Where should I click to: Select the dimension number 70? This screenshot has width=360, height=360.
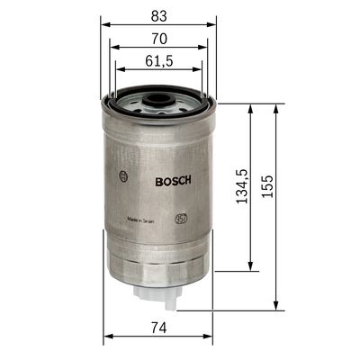pos(158,39)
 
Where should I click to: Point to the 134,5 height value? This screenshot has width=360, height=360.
pos(240,187)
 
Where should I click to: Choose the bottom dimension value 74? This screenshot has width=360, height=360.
pos(158,328)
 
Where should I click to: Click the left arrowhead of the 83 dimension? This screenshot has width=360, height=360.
pos(103,24)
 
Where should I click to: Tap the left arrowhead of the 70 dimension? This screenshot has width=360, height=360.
pos(110,49)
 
